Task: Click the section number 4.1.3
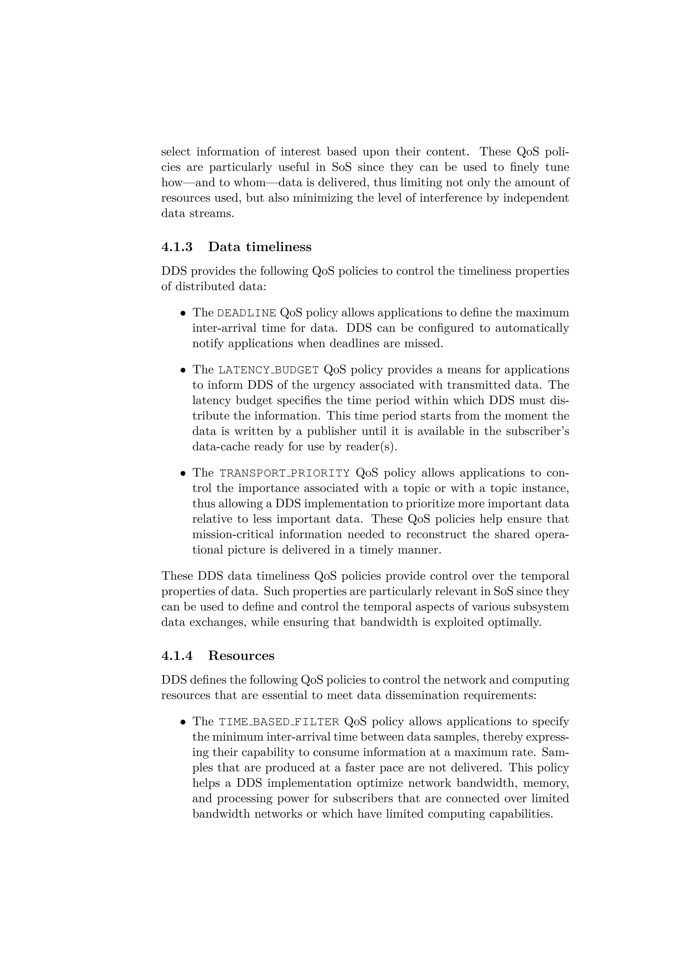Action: pyautogui.click(x=177, y=247)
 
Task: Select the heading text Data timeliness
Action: pyautogui.click(x=259, y=247)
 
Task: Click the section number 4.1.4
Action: pyautogui.click(x=177, y=656)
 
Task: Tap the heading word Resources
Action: pyautogui.click(x=241, y=656)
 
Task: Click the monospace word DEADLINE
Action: pyautogui.click(x=247, y=313)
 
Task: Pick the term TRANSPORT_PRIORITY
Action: pyautogui.click(x=285, y=474)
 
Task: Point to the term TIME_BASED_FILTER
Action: pyautogui.click(x=279, y=722)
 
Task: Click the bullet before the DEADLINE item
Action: pyautogui.click(x=183, y=313)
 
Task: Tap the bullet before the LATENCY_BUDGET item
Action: pyautogui.click(x=183, y=370)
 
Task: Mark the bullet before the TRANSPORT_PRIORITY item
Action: pyautogui.click(x=183, y=474)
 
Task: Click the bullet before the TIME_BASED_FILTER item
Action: pyautogui.click(x=183, y=722)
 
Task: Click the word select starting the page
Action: pyautogui.click(x=176, y=152)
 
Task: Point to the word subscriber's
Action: pyautogui.click(x=537, y=431)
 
